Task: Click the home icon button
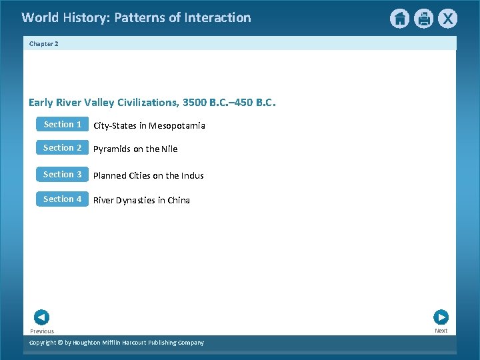399,19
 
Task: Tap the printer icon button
424,19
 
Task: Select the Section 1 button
62,125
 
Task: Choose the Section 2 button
62,148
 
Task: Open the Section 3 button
62,175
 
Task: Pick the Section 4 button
62,199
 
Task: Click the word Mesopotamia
177,126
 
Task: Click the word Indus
193,176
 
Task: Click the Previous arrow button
41,317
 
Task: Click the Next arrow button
441,317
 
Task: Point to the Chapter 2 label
44,44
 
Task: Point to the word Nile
169,149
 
